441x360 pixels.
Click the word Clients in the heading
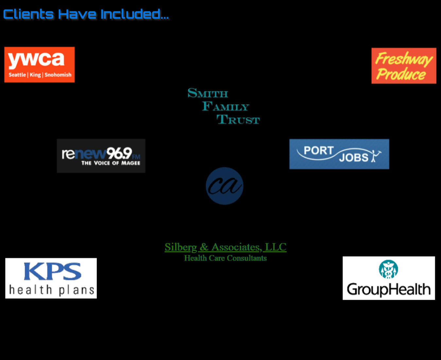tap(28, 14)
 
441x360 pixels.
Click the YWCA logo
tap(39, 64)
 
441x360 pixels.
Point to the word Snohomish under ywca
tap(58, 75)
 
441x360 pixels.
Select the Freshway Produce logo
tap(404, 66)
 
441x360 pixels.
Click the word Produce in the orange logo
tap(401, 74)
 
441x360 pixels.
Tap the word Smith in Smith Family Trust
tap(208, 93)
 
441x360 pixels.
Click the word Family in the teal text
tap(226, 106)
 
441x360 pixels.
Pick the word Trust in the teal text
tap(238, 120)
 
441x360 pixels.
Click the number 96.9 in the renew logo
tap(119, 153)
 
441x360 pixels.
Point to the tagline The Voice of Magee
tap(110, 163)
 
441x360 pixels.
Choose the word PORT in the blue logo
tap(318, 150)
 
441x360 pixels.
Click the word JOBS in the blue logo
tap(354, 158)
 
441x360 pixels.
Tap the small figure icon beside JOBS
tap(375, 156)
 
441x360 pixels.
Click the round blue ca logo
tap(225, 186)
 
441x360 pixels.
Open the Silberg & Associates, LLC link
tap(225, 247)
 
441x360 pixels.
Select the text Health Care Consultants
tap(225, 258)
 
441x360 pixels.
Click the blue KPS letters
tap(52, 271)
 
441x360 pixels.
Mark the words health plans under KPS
tap(51, 290)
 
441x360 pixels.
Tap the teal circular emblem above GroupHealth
tap(388, 269)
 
